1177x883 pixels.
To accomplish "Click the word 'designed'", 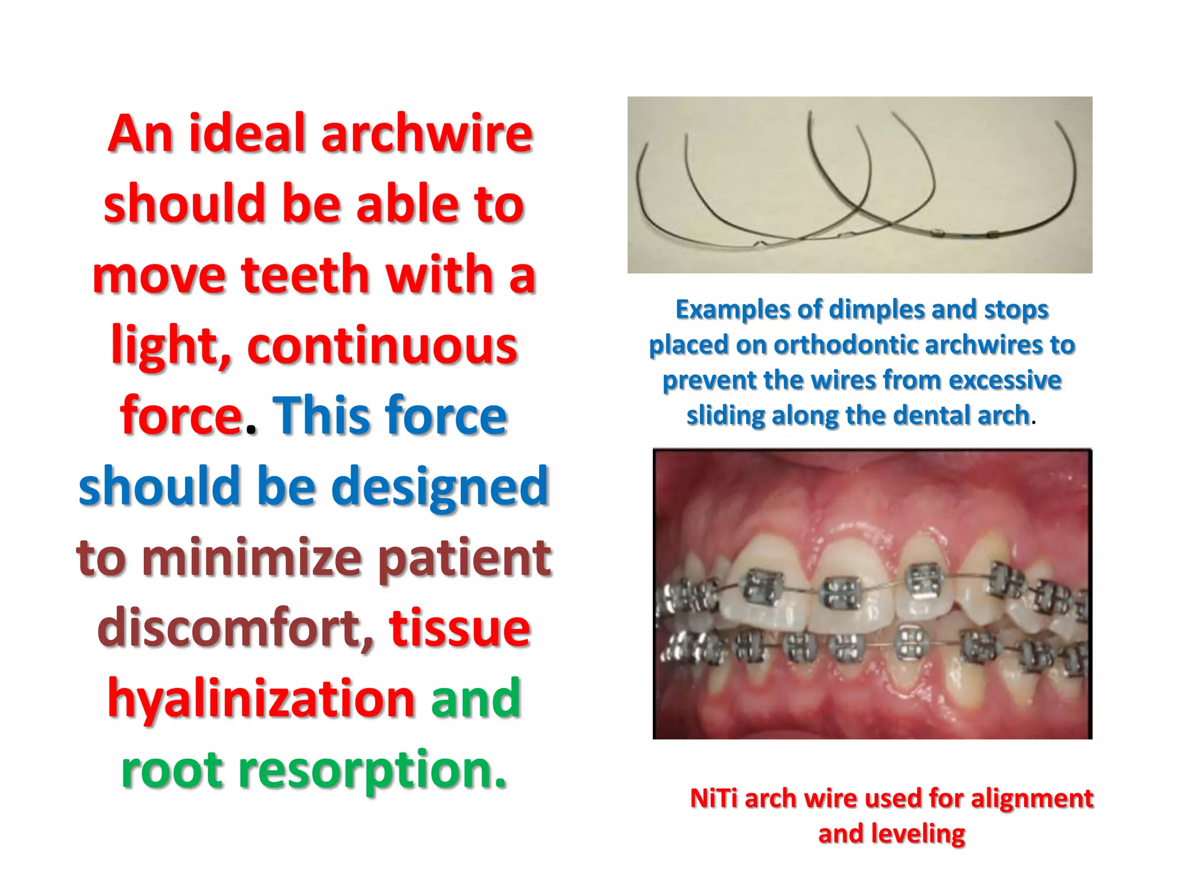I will (x=440, y=486).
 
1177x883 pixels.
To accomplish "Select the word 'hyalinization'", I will (x=261, y=698).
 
